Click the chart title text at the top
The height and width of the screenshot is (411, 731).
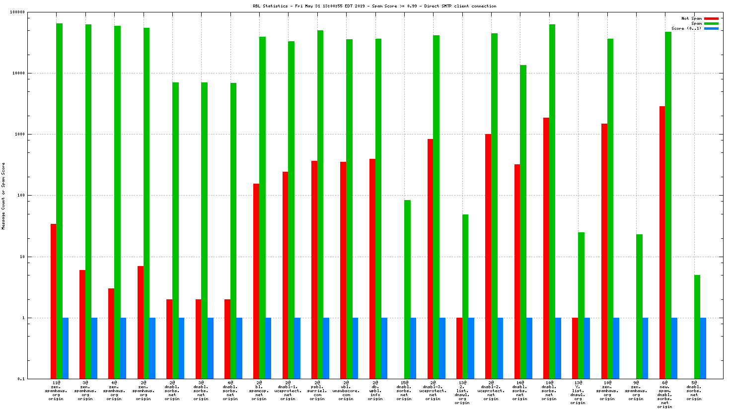(374, 6)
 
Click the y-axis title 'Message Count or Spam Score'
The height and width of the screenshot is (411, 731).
(3, 196)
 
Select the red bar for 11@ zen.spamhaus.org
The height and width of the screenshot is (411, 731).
(53, 301)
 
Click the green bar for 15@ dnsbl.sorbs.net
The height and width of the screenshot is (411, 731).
(407, 289)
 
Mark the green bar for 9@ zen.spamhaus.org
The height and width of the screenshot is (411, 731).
(639, 306)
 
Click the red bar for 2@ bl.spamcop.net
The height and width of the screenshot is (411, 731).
(256, 281)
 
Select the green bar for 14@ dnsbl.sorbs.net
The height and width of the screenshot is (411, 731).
(523, 221)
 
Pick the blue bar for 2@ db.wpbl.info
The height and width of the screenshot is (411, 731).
(384, 348)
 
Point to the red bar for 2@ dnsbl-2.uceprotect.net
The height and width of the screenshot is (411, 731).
(488, 256)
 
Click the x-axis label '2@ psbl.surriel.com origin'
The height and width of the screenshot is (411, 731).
(317, 391)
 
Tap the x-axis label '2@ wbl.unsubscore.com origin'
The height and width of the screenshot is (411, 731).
(346, 391)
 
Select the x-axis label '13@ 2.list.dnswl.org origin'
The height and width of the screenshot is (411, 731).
(462, 392)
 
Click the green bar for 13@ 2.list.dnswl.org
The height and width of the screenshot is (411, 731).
(465, 296)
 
